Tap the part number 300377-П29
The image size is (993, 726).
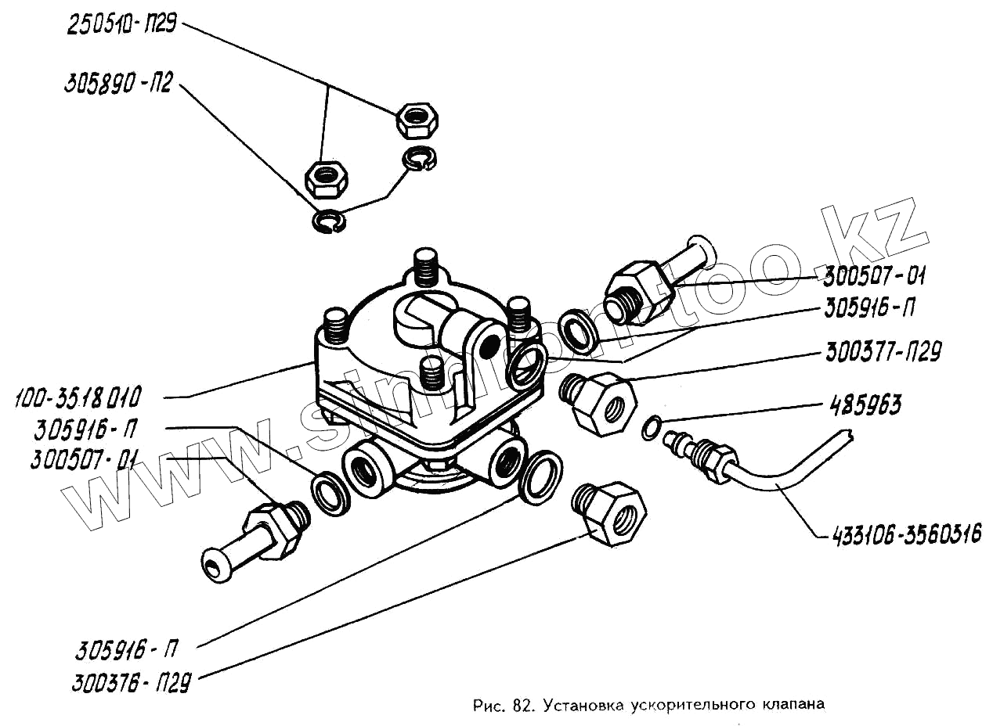click(883, 354)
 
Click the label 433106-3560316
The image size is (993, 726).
click(900, 535)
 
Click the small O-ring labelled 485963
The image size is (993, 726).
click(651, 427)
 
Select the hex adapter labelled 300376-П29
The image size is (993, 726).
click(611, 513)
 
